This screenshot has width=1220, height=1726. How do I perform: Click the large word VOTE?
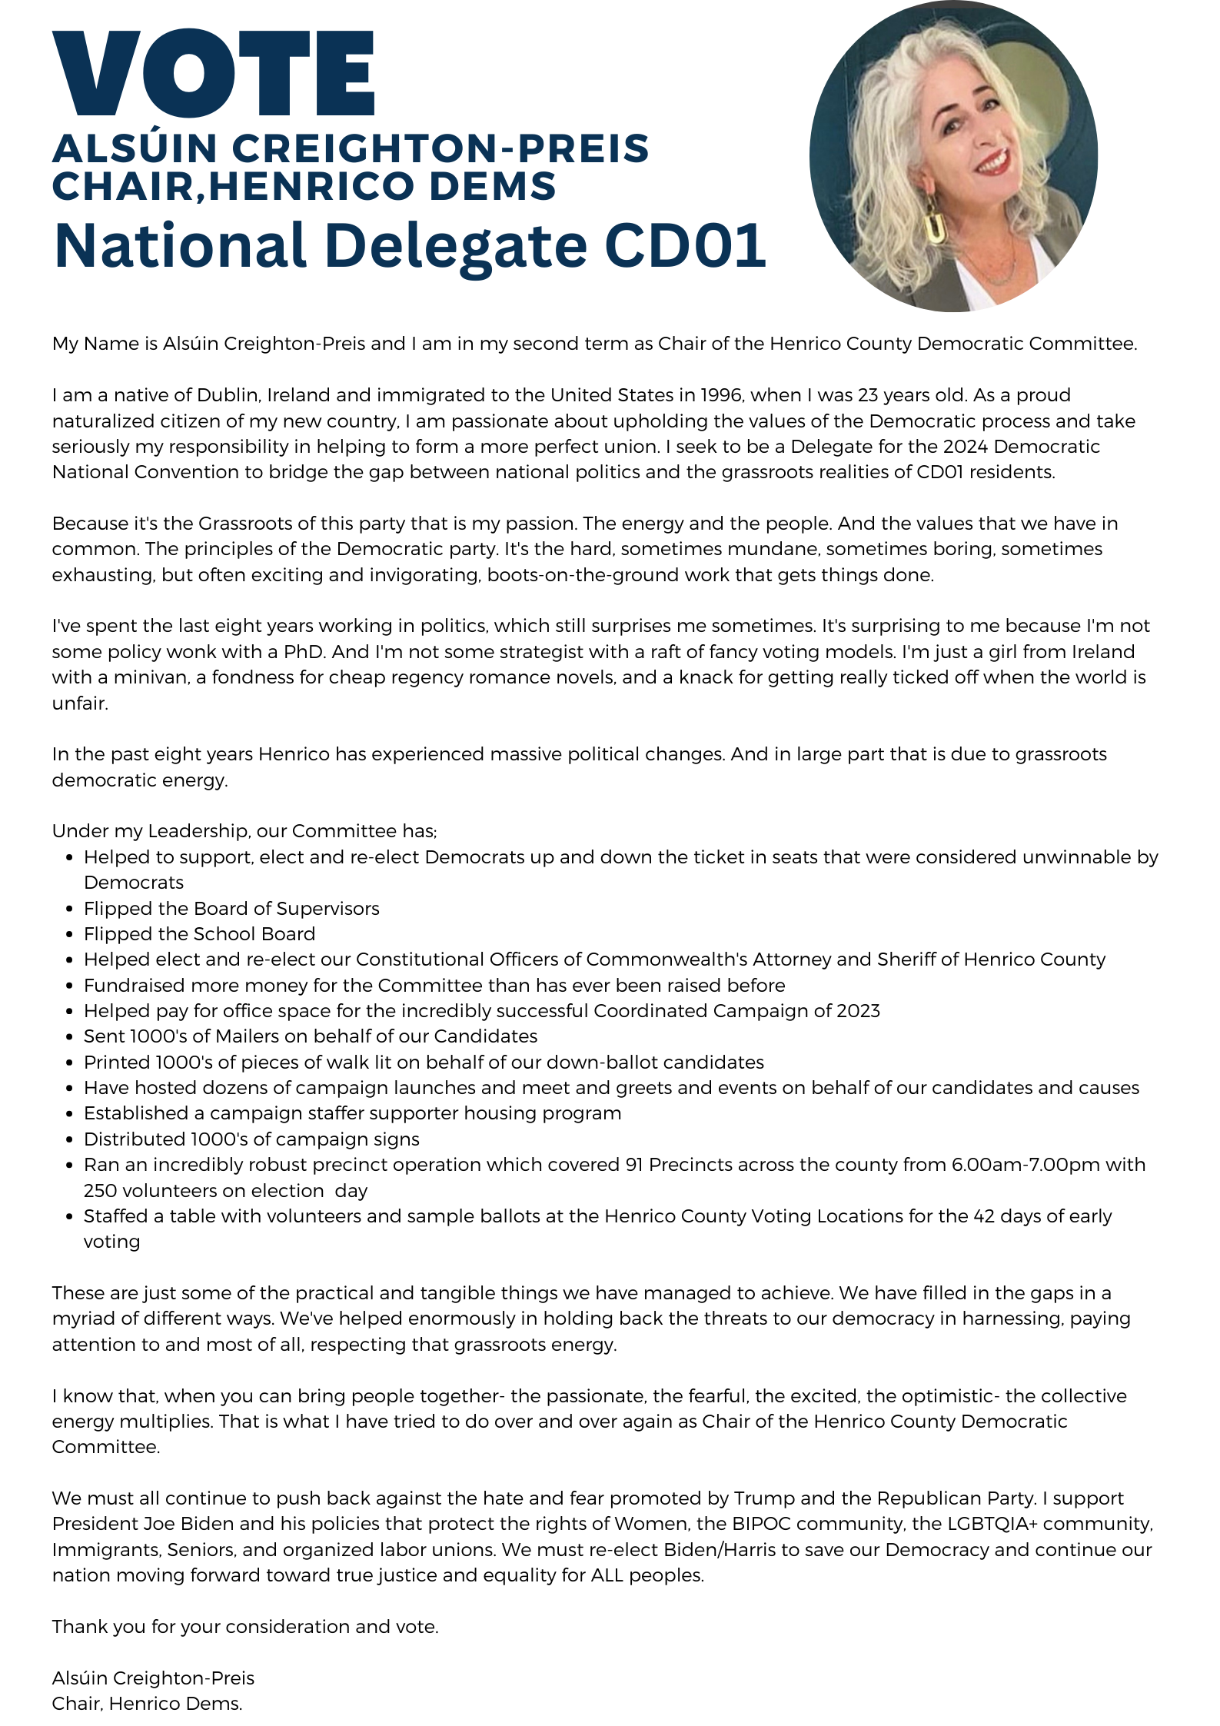click(213, 74)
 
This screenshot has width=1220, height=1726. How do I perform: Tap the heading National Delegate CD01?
click(410, 245)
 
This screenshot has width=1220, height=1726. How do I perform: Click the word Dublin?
click(227, 395)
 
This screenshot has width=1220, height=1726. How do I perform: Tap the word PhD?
click(304, 652)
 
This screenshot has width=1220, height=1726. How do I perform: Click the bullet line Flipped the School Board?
click(199, 934)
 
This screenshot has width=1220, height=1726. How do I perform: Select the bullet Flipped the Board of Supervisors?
click(231, 909)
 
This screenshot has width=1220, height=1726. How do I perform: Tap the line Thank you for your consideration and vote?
click(245, 1627)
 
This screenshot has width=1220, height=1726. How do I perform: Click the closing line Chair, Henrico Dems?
click(147, 1704)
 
